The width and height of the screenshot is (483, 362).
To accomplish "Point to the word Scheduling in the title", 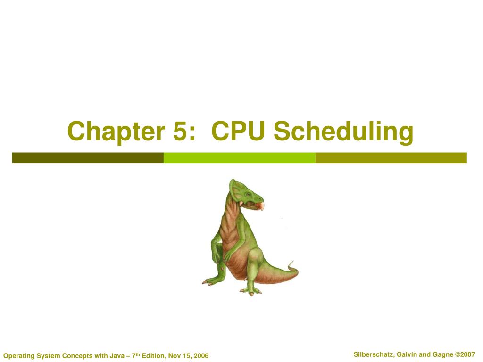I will (343, 132).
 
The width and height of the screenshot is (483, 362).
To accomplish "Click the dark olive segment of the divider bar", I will (88, 157).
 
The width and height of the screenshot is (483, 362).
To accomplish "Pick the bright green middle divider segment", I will (239, 157).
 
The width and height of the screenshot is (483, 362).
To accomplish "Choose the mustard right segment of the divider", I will (391, 157).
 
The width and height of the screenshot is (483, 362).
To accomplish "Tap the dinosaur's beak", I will (260, 206).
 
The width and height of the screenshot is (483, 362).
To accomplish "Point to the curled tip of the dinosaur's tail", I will (292, 264).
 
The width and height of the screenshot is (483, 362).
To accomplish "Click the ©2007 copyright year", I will (464, 354).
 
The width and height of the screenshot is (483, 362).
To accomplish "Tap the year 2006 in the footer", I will (201, 355).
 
